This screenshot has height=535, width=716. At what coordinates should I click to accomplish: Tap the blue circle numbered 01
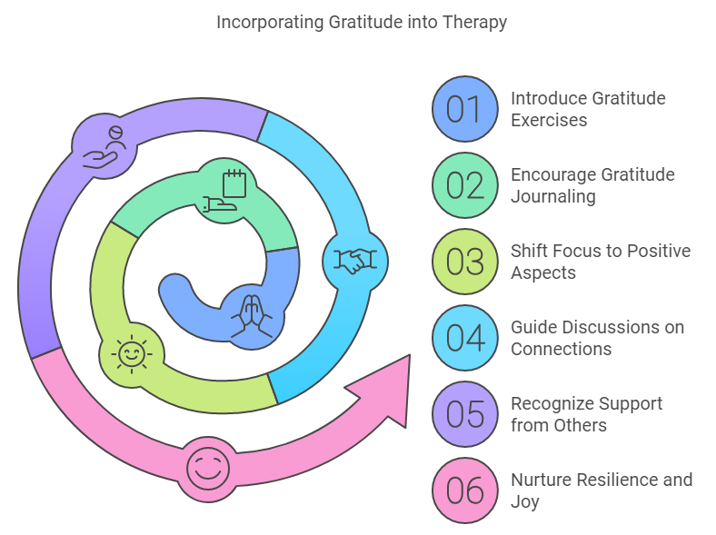coord(464,109)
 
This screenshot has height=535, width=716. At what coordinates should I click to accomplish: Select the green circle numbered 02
coord(464,185)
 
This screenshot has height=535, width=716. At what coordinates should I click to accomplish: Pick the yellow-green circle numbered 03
coord(464,262)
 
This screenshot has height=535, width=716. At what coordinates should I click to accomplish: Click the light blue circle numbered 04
coord(464,338)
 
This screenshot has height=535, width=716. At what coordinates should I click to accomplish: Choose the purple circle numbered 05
coord(464,414)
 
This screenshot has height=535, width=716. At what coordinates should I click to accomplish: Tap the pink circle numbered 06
coord(464,490)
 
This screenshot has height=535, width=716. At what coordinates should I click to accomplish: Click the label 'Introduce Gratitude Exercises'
coord(588,109)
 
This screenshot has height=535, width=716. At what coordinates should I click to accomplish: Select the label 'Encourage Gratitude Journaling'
coord(592,185)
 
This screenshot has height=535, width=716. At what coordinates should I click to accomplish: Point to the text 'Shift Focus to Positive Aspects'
coord(601,262)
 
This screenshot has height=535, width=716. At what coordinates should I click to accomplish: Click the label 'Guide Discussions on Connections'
coord(597,338)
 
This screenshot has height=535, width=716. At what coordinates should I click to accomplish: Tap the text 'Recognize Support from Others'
coord(586,414)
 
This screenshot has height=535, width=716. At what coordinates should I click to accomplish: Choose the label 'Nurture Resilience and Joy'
coord(602,490)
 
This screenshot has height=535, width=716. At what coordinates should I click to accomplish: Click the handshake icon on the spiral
coord(355,262)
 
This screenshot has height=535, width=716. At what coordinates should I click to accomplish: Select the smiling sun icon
coord(132,353)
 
